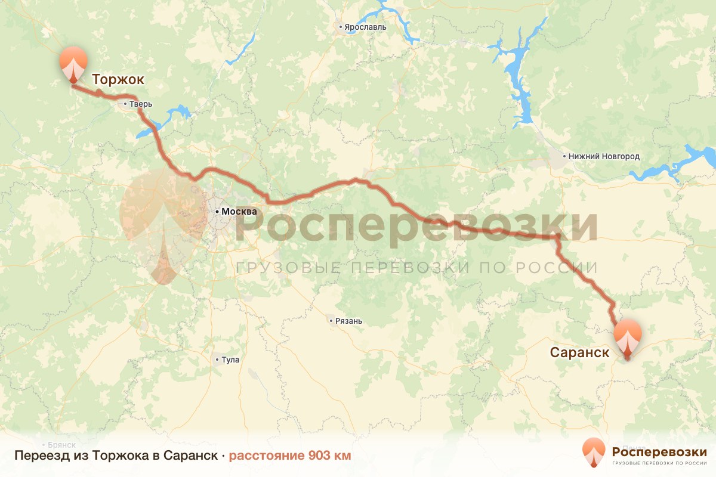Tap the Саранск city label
[x=579, y=352]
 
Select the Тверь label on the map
[x=141, y=104]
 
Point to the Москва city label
[x=239, y=212]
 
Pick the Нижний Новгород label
[x=604, y=157]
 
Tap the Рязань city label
[x=349, y=321]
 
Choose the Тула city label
[x=230, y=360]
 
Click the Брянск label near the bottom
[x=62, y=445]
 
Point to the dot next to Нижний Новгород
[x=565, y=157]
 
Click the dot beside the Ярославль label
[x=341, y=27]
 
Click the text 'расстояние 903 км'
[x=290, y=456]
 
